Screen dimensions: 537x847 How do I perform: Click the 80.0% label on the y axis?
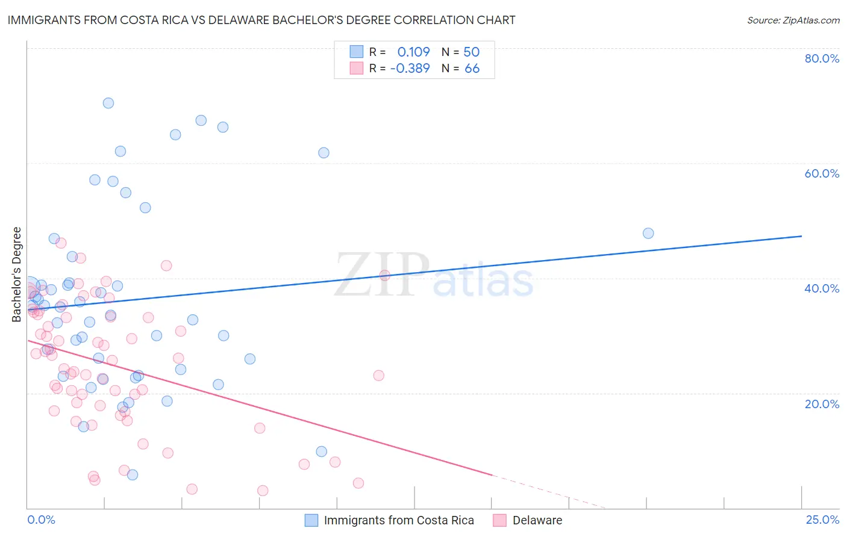822,58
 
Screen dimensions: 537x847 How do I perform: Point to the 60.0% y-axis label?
822,173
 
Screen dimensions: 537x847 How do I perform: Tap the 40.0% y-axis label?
822,288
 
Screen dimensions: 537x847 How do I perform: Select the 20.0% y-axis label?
822,404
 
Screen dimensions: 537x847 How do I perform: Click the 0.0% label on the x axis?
41,520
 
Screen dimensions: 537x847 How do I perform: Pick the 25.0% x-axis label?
822,520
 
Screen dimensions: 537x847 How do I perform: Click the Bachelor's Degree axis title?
17,275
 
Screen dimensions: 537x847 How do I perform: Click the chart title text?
261,20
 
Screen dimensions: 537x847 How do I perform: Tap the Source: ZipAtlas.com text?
793,20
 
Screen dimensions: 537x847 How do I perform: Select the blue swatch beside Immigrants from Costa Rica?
311,520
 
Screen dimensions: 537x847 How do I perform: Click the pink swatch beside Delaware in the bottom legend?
500,520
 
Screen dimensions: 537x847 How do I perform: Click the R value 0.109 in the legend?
413,52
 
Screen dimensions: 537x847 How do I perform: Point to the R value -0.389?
410,69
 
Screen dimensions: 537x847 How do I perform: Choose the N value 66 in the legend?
472,69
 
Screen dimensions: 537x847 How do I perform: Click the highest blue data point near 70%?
108,103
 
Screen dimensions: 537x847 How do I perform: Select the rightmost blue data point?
648,234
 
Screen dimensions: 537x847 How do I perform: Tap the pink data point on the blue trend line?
385,276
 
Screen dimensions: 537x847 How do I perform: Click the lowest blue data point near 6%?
133,475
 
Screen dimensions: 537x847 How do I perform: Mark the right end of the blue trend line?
801,236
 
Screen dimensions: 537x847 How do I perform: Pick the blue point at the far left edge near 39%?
29,286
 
